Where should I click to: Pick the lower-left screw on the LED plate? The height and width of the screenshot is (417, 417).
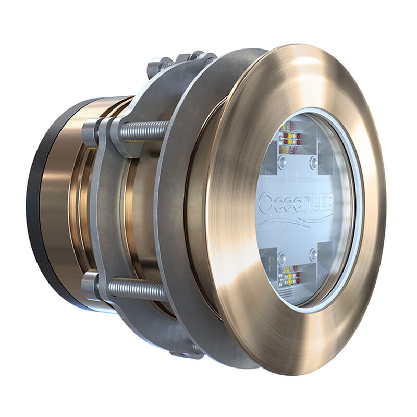(282, 256)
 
